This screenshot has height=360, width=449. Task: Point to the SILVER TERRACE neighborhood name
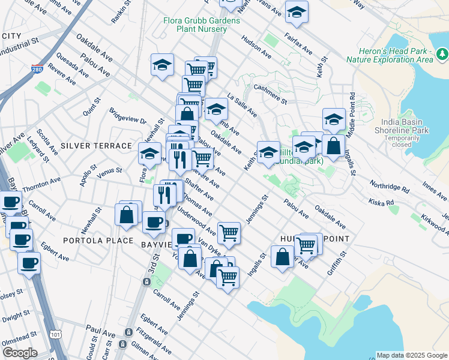coord(96,146)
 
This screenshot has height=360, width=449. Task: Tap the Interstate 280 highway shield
coord(38,70)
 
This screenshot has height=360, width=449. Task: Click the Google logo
coord(20,353)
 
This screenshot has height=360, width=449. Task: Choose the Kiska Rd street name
coord(381,202)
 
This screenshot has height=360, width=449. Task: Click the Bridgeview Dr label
coord(128,116)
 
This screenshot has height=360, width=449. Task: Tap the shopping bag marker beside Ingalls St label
coord(333,145)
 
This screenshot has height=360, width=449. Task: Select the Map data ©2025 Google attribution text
coord(411,355)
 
